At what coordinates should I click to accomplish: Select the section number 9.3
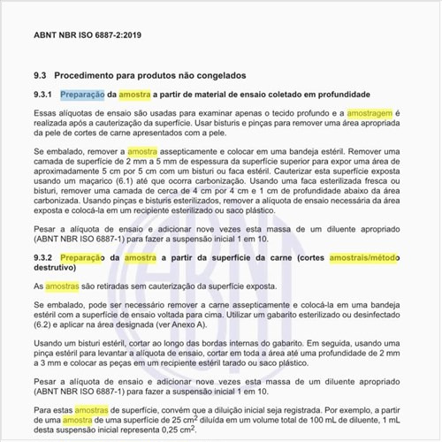(41, 75)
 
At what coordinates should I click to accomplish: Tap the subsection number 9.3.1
(44, 95)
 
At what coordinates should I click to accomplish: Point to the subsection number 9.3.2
(44, 257)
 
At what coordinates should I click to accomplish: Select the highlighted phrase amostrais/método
(366, 257)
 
